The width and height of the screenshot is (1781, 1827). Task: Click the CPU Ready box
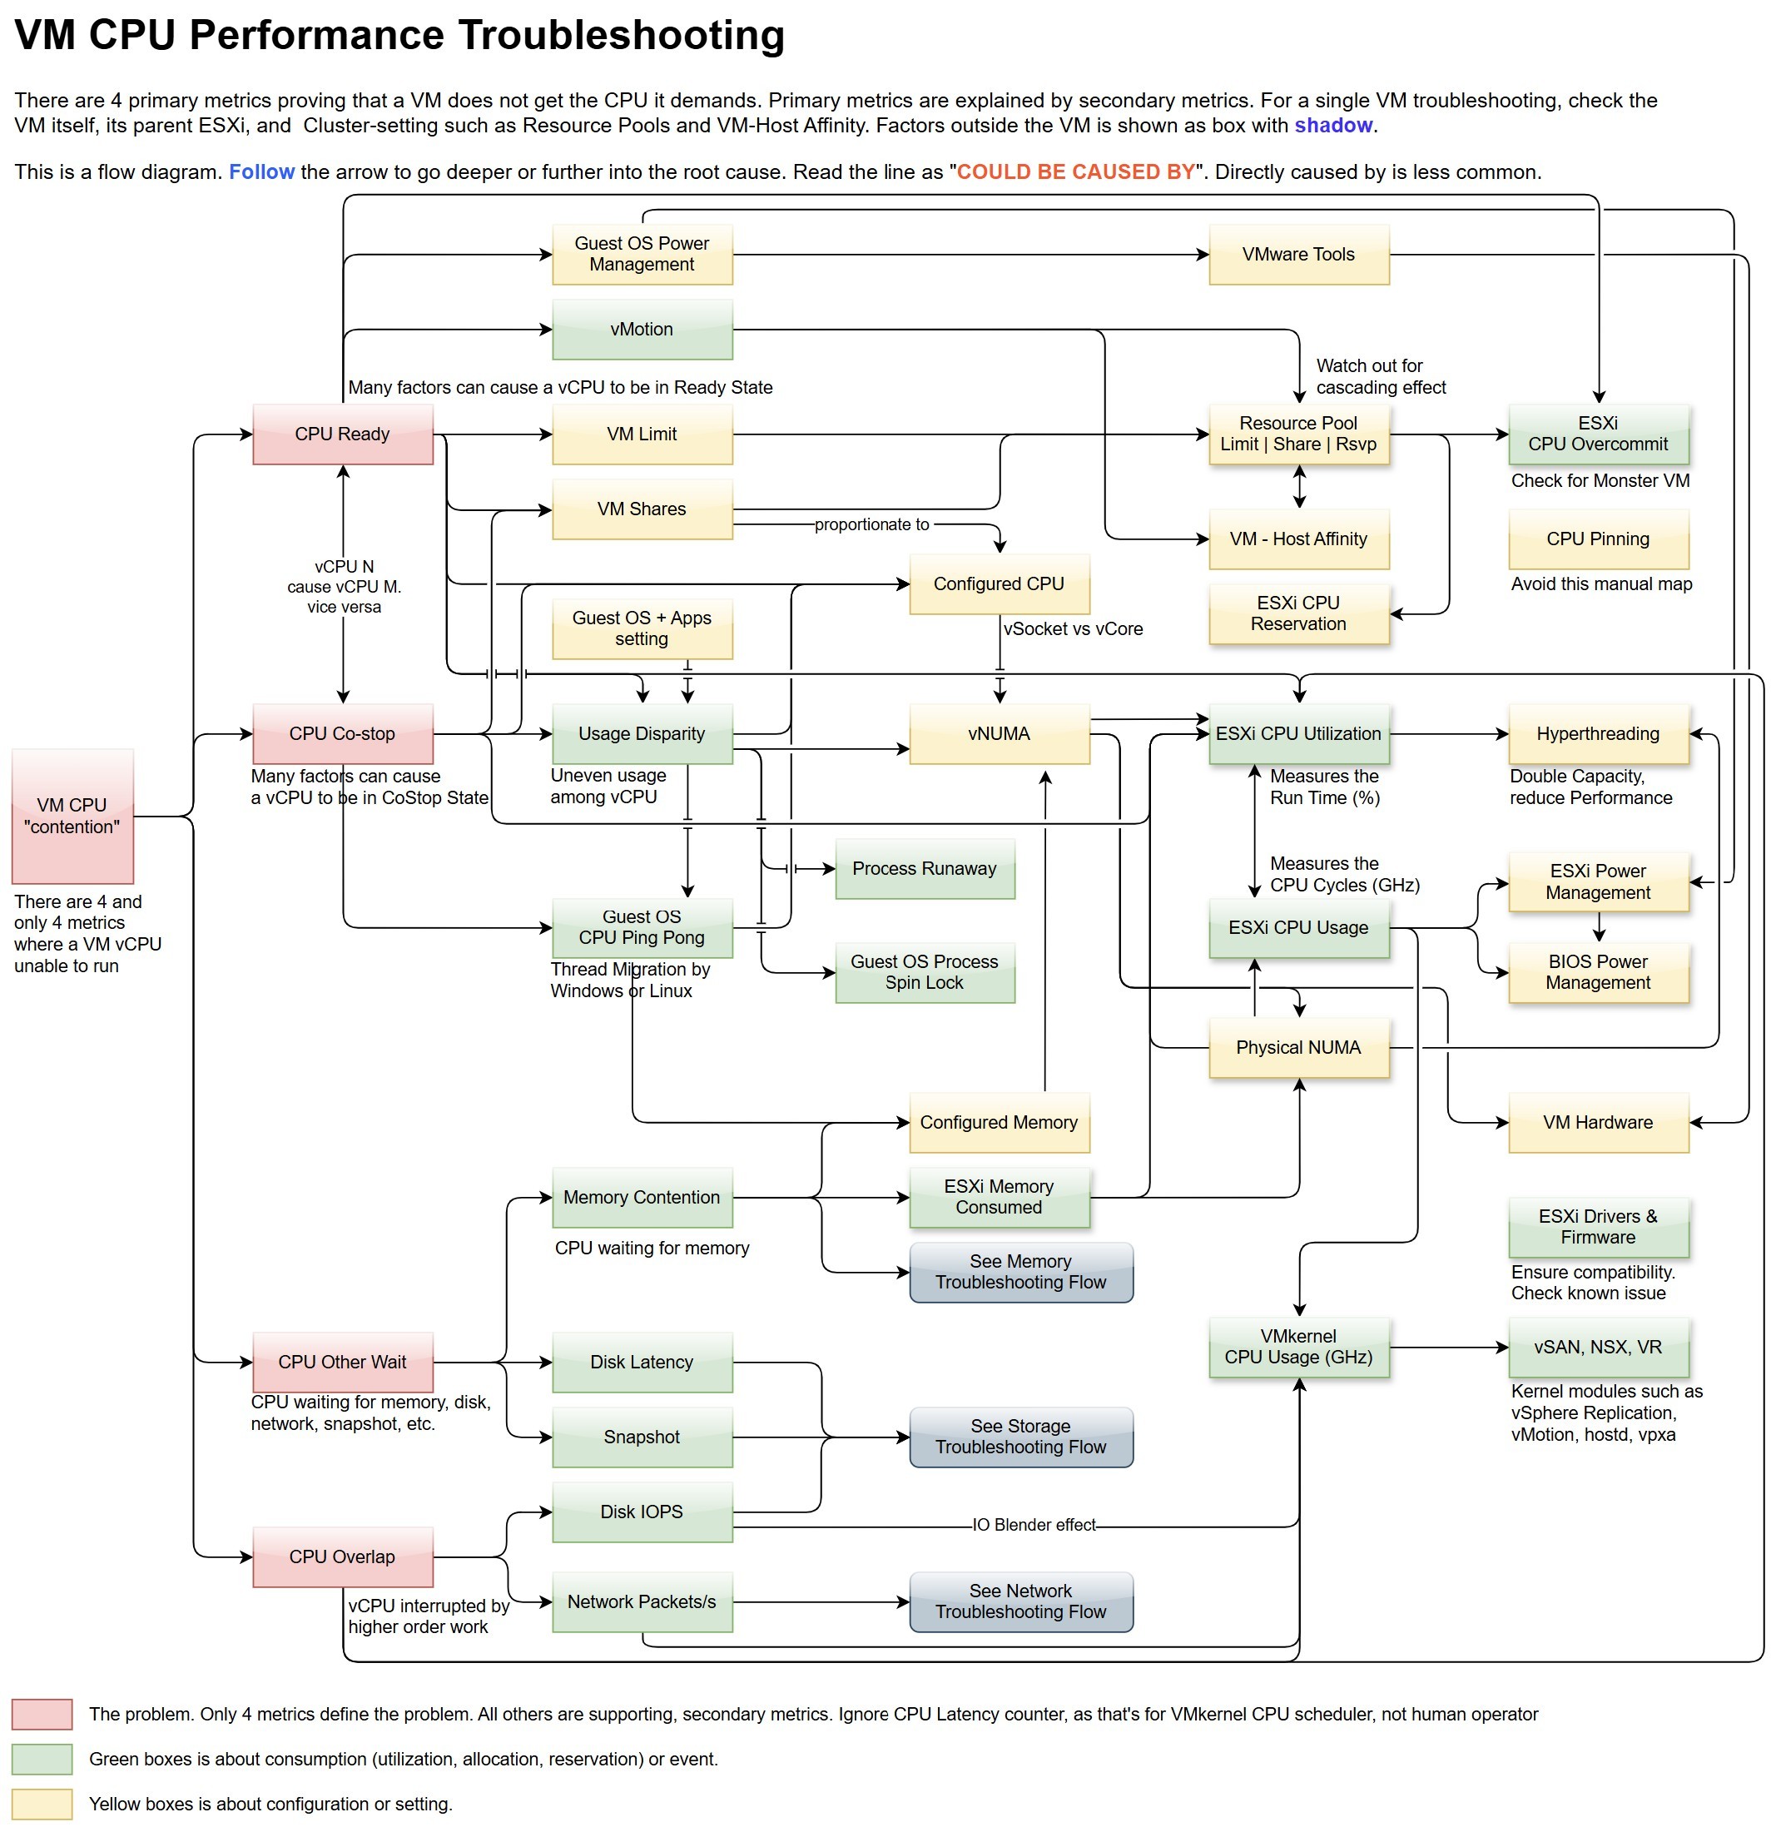[x=342, y=434]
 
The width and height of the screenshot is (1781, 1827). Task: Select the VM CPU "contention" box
[x=72, y=816]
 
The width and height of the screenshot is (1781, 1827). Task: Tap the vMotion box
[x=642, y=330]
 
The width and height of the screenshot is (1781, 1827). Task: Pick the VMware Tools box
[x=1298, y=255]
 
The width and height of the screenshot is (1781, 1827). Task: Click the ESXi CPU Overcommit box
[x=1598, y=434]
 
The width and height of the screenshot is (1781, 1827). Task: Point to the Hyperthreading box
[x=1598, y=733]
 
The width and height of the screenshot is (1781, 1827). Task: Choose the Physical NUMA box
[x=1298, y=1048]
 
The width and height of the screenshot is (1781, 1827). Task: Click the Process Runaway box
[x=924, y=868]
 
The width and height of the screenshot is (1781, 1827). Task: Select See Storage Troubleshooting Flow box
[x=1020, y=1437]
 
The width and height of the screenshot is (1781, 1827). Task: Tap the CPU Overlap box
[x=342, y=1556]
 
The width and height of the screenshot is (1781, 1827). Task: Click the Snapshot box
[x=642, y=1437]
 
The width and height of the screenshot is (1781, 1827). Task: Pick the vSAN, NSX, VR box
[x=1598, y=1347]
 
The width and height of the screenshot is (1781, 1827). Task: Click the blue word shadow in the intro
[x=1333, y=126]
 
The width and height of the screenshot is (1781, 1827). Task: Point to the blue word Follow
[x=261, y=172]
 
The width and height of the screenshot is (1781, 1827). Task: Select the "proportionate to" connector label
[x=872, y=525]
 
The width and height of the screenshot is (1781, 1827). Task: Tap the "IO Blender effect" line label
[x=1034, y=1525]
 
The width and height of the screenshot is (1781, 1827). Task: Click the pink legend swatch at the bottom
[x=42, y=1714]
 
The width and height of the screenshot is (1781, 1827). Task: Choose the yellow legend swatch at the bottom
[x=42, y=1804]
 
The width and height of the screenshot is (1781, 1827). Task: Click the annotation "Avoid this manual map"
[x=1601, y=583]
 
